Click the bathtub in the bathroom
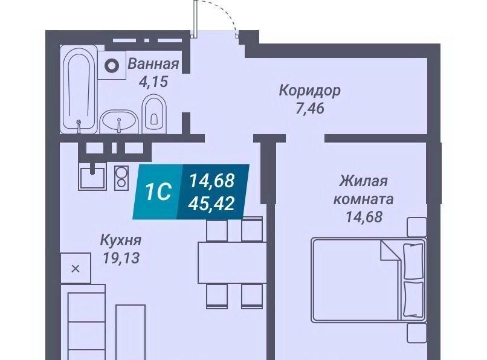point(79,89)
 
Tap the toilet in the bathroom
point(154,114)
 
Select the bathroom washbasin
point(119,122)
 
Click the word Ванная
point(153,63)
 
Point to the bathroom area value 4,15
point(153,82)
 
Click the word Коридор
point(309,91)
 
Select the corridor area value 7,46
point(309,108)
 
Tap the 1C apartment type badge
point(158,191)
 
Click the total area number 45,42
point(213,204)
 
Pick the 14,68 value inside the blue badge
point(212,181)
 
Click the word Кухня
point(121,240)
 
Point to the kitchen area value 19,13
point(121,258)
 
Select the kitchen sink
point(92,177)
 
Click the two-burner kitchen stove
point(121,178)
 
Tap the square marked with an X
point(76,268)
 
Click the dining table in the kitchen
point(232,263)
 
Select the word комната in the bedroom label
point(363,199)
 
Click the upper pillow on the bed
point(413,261)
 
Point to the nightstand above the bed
point(417,227)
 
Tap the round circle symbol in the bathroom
point(112,66)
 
